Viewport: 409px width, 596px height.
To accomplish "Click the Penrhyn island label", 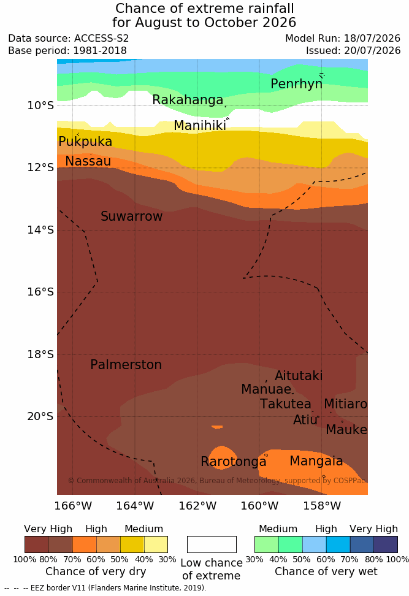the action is click(297, 84).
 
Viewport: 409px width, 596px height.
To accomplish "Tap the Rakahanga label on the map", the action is click(188, 99).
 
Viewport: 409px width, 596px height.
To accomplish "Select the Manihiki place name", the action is click(200, 126).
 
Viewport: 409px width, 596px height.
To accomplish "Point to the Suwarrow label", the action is click(131, 216).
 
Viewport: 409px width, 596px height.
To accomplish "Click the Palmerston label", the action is click(126, 364).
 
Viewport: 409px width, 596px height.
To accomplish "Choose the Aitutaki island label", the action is click(299, 375).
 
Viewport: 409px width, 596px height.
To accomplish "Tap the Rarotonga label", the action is click(234, 462).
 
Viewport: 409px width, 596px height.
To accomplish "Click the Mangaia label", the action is click(316, 461).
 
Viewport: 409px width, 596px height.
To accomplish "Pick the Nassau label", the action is click(88, 161).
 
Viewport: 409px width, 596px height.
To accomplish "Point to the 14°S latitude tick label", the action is click(40, 230).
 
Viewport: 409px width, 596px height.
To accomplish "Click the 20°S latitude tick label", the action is click(40, 416).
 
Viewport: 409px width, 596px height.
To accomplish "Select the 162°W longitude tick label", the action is click(197, 506).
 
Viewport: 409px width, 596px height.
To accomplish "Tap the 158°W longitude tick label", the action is click(322, 506).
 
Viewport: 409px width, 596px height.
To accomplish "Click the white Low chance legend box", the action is click(212, 544).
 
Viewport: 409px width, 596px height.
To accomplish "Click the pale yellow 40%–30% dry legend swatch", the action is click(156, 544).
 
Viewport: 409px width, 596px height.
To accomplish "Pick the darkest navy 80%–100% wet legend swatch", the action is click(386, 544).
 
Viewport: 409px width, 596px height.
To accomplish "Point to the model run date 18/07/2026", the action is click(372, 39).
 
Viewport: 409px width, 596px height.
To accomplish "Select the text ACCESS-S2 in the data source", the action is click(102, 39).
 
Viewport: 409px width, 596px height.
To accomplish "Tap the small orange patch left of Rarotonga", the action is click(217, 427).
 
